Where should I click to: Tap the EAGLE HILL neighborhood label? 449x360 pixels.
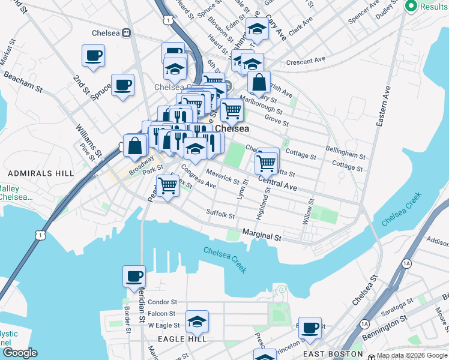pyautogui.click(x=182, y=339)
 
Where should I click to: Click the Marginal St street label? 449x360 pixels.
pyautogui.click(x=262, y=235)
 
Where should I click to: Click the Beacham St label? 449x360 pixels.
pyautogui.click(x=22, y=83)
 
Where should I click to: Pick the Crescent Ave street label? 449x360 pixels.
pyautogui.click(x=306, y=61)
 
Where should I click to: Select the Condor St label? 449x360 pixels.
pyautogui.click(x=162, y=302)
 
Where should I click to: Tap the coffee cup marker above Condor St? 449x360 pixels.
pyautogui.click(x=134, y=276)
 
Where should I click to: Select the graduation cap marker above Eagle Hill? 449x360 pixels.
pyautogui.click(x=197, y=322)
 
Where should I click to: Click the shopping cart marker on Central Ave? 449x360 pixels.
pyautogui.click(x=265, y=161)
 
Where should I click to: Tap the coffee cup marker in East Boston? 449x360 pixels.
pyautogui.click(x=310, y=328)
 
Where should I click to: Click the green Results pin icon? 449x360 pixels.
pyautogui.click(x=412, y=6)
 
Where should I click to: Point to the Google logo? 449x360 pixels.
pyautogui.click(x=20, y=353)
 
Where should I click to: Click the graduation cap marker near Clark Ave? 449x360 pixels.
pyautogui.click(x=257, y=28)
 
